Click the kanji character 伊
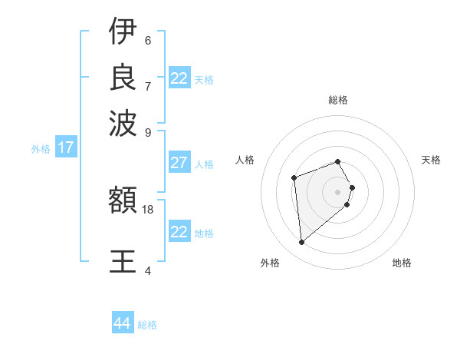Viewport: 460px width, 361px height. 123,32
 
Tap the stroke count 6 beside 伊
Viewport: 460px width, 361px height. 147,40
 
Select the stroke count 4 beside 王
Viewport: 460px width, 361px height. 147,270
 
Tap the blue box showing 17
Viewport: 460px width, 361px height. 66,147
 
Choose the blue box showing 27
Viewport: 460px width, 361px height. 179,163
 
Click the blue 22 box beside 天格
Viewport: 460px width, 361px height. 179,78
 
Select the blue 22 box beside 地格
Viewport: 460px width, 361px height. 179,232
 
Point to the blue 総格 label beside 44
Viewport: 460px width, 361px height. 147,325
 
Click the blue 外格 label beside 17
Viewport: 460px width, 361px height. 40,149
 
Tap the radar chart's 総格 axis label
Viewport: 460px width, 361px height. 337,100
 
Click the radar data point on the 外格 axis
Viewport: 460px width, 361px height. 302,243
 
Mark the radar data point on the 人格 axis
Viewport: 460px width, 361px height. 294,178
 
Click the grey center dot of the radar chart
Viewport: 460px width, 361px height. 337,191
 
